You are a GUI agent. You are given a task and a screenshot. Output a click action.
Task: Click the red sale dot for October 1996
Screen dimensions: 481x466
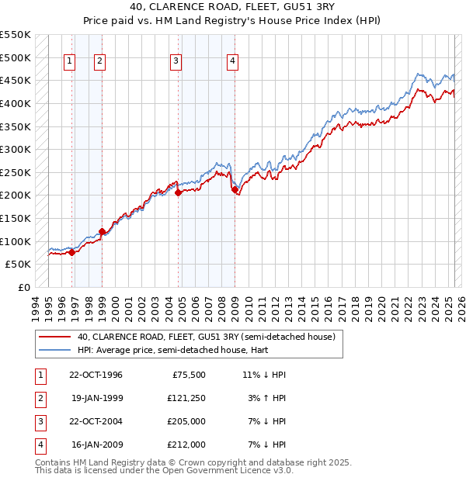(x=71, y=251)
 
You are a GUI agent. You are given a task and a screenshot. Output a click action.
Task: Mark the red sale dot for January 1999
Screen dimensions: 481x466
(x=102, y=230)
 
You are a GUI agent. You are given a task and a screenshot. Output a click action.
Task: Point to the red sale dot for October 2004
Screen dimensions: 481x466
(x=178, y=192)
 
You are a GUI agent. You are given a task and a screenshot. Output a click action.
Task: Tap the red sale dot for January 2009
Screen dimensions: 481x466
(x=235, y=189)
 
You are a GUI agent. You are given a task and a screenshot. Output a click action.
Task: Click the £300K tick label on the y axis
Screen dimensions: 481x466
(x=15, y=149)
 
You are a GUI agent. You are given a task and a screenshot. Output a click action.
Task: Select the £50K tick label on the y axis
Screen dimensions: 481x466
(x=18, y=264)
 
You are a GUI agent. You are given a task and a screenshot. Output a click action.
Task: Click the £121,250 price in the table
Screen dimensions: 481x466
(x=186, y=398)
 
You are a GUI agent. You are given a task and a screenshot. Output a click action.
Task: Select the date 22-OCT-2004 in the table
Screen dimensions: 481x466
(x=96, y=421)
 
